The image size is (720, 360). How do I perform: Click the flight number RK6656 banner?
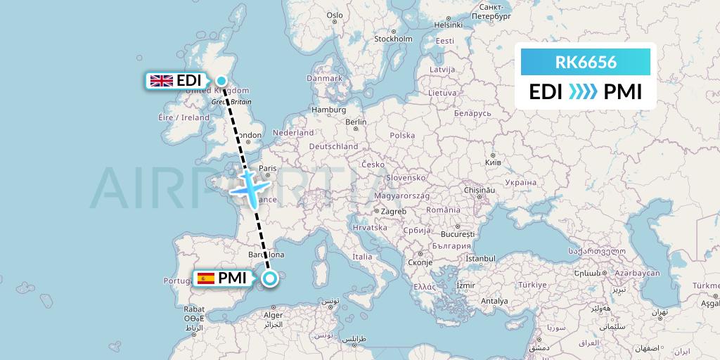pyautogui.click(x=586, y=63)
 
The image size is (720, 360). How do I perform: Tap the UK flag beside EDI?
pyautogui.click(x=162, y=81)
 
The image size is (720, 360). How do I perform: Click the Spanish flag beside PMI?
pyautogui.click(x=206, y=278)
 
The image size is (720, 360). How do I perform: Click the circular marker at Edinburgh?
pyautogui.click(x=221, y=80)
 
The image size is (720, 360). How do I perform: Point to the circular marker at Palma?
pyautogui.click(x=270, y=279)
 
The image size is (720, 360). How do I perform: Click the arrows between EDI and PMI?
pyautogui.click(x=583, y=92)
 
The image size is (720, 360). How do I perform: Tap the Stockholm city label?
pyautogui.click(x=393, y=39)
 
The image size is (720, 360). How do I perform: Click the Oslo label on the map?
pyautogui.click(x=335, y=15)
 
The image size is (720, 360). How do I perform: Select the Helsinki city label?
pyautogui.click(x=448, y=24)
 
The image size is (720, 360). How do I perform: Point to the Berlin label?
pyautogui.click(x=356, y=122)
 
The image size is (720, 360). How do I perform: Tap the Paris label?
pyautogui.click(x=267, y=169)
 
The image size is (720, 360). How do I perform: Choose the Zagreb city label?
pyautogui.click(x=394, y=211)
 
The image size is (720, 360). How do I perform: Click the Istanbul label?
pyautogui.click(x=480, y=259)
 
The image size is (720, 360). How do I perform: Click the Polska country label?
pyautogui.click(x=403, y=135)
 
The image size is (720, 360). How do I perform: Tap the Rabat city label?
pyautogui.click(x=194, y=309)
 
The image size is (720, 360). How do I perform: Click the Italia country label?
pyautogui.click(x=363, y=257)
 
